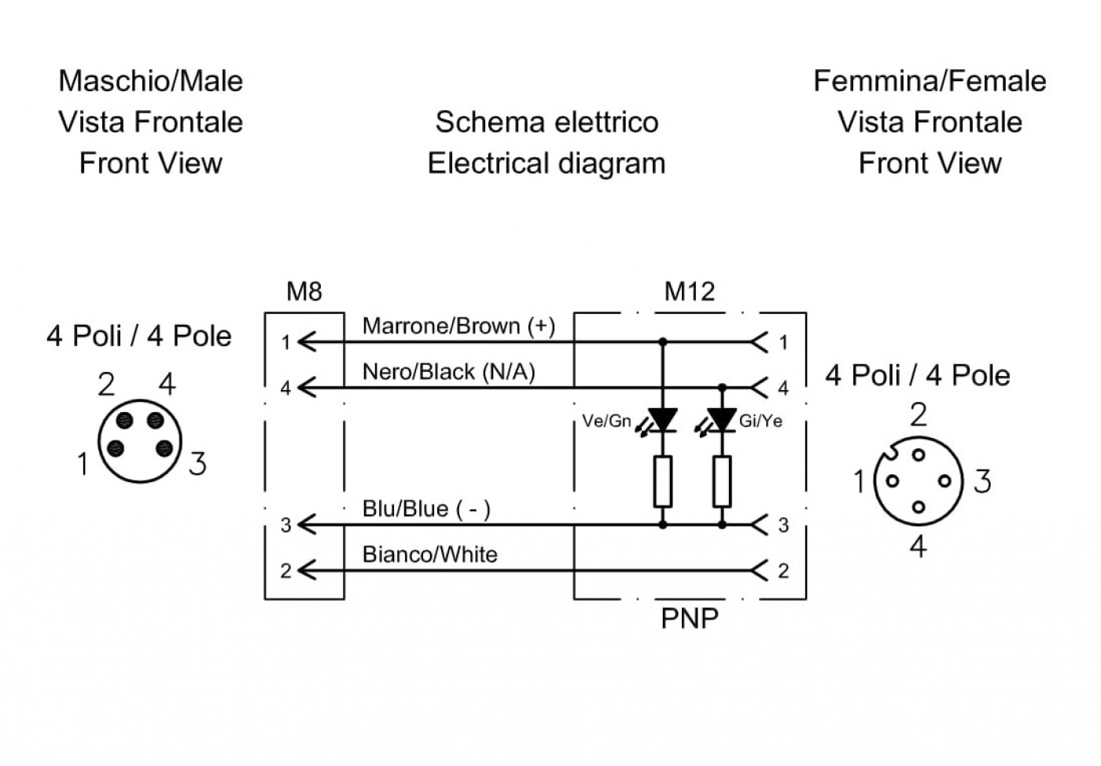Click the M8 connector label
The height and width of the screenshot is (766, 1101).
(x=304, y=291)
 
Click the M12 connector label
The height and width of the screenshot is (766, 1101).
(x=690, y=291)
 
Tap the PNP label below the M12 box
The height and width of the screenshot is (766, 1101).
(x=690, y=618)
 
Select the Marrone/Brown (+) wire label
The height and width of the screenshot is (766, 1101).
(x=458, y=326)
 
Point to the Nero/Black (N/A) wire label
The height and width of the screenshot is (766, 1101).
(x=449, y=372)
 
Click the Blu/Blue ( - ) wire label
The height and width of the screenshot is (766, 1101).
(x=426, y=509)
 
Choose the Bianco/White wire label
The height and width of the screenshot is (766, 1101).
(x=430, y=554)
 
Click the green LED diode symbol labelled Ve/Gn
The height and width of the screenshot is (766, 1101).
(x=661, y=421)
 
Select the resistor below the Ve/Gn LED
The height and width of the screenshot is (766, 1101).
(x=662, y=481)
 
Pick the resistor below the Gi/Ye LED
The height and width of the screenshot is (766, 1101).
(x=722, y=481)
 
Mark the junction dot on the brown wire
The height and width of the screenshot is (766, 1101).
(x=662, y=341)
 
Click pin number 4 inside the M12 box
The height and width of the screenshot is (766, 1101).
(x=783, y=388)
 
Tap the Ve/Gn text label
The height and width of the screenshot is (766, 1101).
(x=606, y=421)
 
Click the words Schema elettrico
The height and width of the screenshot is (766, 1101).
(x=547, y=122)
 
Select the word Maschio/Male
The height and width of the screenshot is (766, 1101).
(x=150, y=81)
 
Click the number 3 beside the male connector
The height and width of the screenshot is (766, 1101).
(x=197, y=464)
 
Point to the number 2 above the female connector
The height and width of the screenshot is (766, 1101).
(x=919, y=414)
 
